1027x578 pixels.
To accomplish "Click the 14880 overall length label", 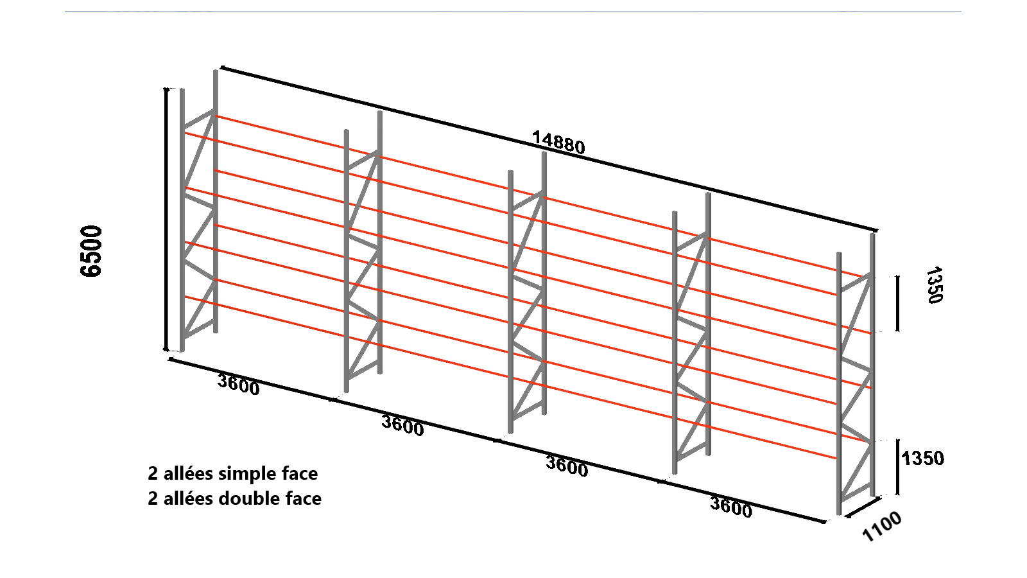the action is tap(558, 143).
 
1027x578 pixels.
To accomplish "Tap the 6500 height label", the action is tap(91, 251).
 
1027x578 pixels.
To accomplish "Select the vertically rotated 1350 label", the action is tap(934, 285).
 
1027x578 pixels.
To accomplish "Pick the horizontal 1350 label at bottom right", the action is tap(922, 459).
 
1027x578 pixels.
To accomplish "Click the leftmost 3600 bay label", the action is tap(238, 385).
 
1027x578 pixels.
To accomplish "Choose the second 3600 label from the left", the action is tap(402, 425).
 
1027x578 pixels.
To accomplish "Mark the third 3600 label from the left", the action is tap(567, 466).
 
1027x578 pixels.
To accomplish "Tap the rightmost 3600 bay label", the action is tap(731, 507).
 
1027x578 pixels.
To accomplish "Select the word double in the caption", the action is tap(248, 498).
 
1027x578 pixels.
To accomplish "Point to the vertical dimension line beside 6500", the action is tap(166, 219).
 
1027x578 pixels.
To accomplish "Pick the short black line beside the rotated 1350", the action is tap(897, 303).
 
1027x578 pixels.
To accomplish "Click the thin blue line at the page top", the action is tap(513, 12).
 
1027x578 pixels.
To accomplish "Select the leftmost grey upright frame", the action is tap(198, 211).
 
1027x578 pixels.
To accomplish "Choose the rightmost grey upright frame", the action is tap(856, 374).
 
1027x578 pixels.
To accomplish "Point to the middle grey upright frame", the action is tap(527, 292).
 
